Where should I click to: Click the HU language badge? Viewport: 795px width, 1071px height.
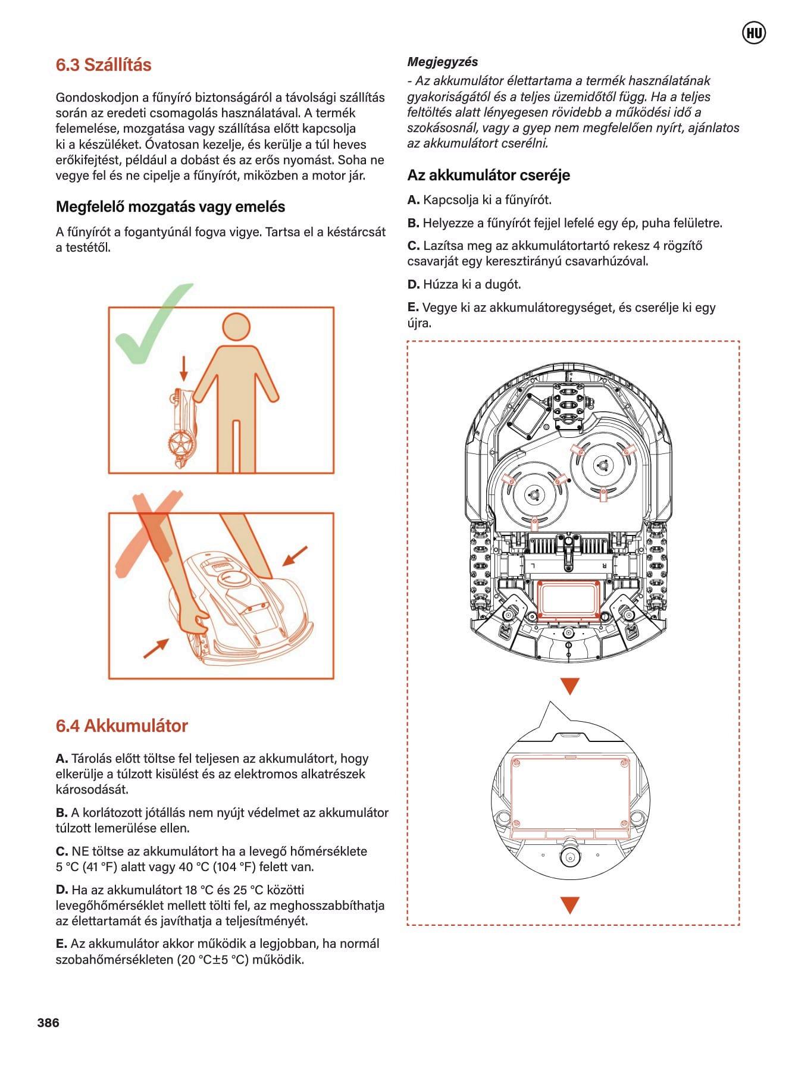tap(754, 33)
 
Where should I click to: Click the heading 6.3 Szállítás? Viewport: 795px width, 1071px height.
tap(104, 65)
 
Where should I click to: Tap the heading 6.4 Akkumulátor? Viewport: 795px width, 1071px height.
tap(121, 726)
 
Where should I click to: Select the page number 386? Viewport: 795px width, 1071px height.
tap(48, 1022)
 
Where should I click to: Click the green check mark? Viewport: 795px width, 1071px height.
tap(149, 327)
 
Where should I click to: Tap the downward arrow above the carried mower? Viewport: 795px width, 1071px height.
tap(184, 368)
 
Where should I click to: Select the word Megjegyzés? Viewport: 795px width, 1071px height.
tap(442, 62)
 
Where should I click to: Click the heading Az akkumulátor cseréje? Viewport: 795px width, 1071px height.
tap(489, 175)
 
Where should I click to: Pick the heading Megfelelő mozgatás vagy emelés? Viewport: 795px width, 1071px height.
tap(170, 206)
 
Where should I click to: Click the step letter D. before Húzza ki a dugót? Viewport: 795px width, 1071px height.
tap(414, 284)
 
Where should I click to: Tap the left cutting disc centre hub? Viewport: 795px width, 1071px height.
tap(532, 493)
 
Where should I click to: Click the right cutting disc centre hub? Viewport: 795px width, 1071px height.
tap(602, 466)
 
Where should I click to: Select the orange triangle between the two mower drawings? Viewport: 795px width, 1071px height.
tap(569, 687)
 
